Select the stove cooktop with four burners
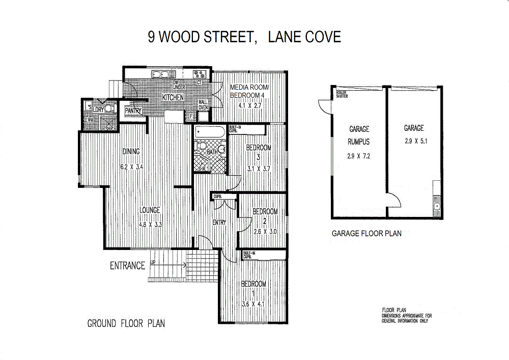coord(199,74)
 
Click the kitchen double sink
coord(160,74)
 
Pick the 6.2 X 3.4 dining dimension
coord(131,167)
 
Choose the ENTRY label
coord(219,222)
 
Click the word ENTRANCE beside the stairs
coord(127,265)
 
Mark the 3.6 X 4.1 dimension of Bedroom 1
coord(253,304)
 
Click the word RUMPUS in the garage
coord(359,142)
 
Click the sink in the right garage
coord(437,206)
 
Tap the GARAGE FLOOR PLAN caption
coord(366,234)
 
